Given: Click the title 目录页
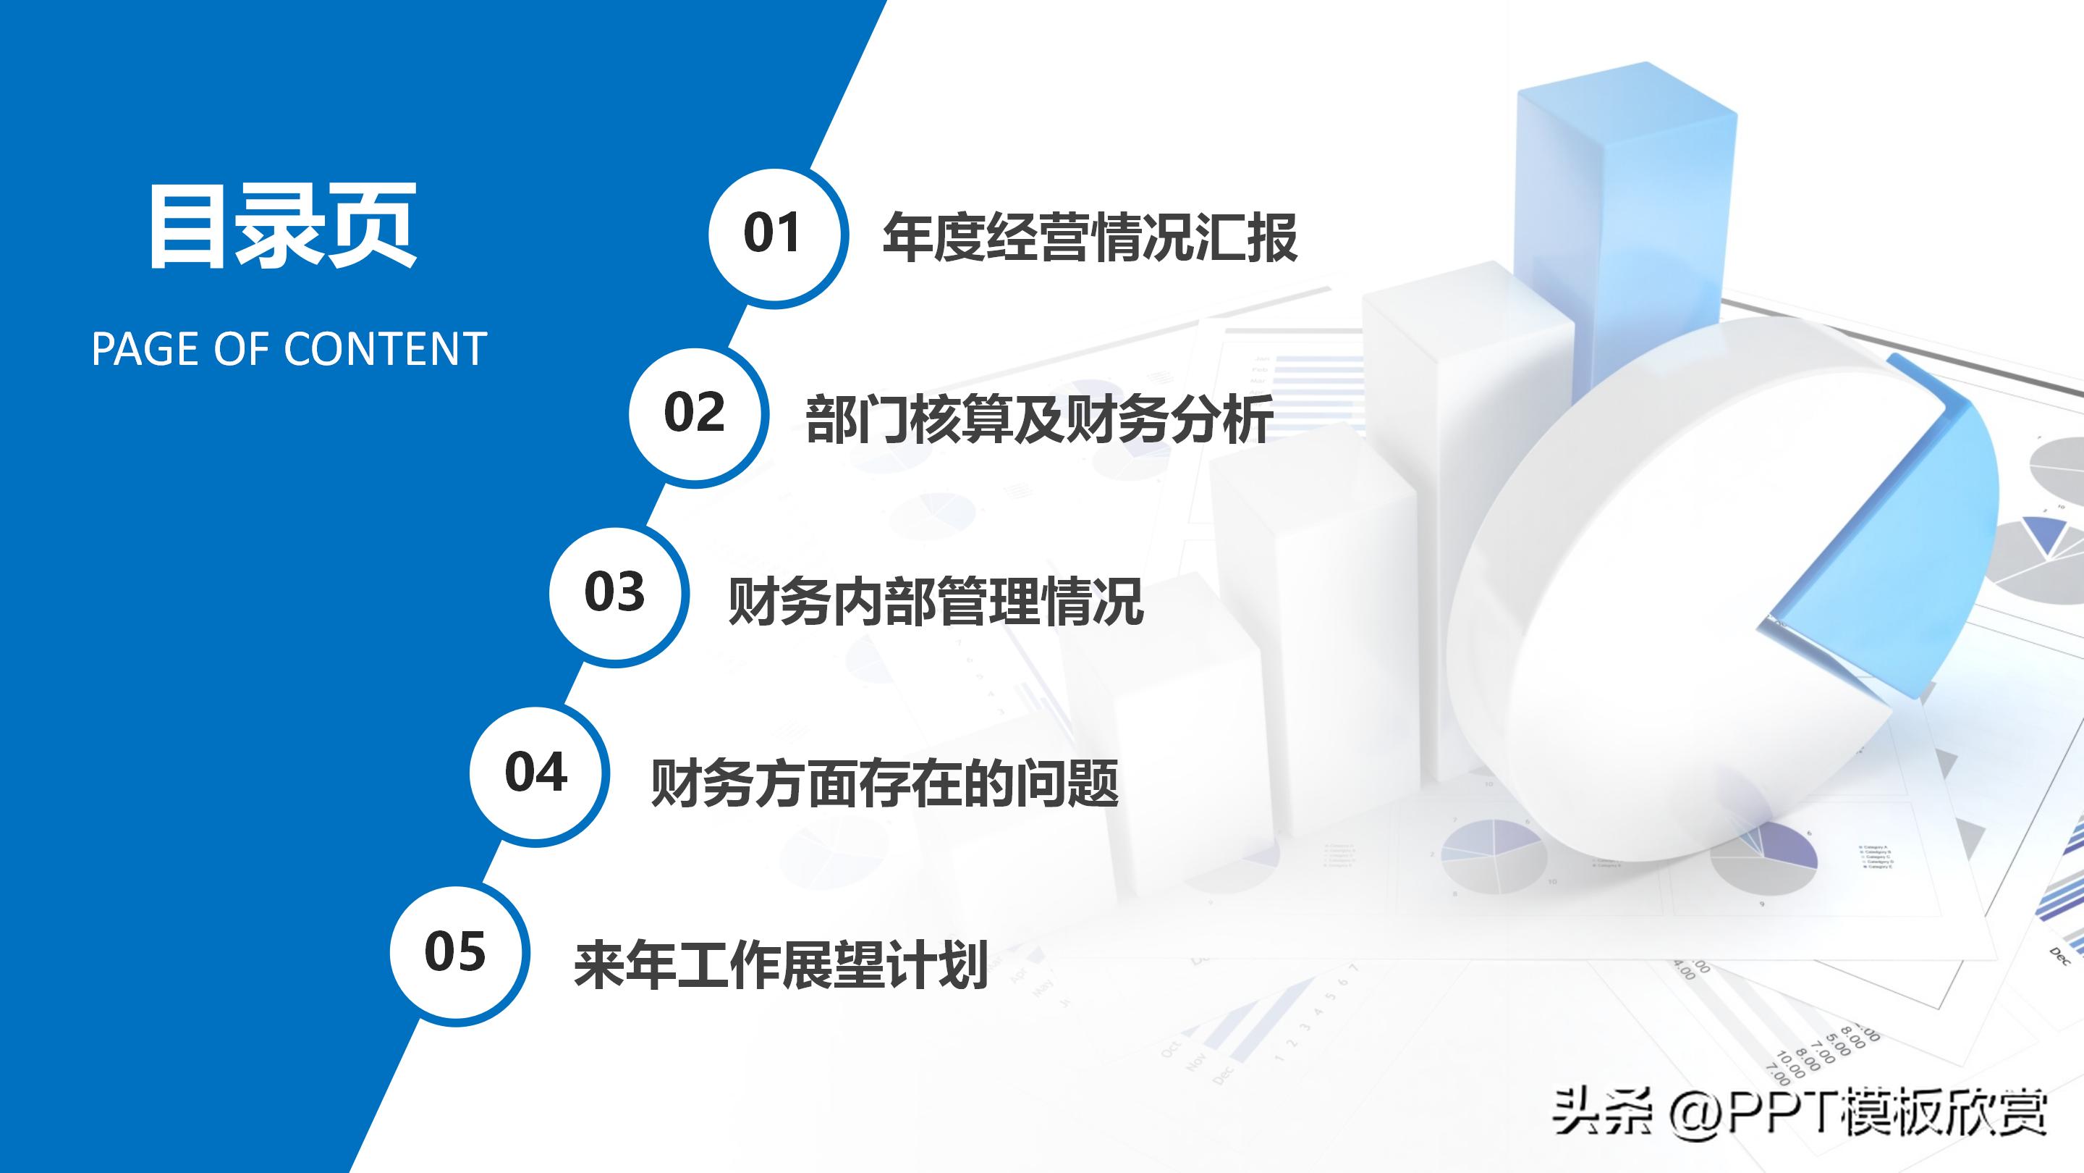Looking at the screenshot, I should [x=281, y=226].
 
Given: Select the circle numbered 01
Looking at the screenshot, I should [x=774, y=235].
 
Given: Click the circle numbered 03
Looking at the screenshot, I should [x=616, y=595].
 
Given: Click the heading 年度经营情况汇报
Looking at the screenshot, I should [x=1090, y=237].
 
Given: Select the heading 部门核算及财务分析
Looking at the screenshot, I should [x=1040, y=419].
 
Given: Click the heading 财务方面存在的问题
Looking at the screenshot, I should [x=884, y=783].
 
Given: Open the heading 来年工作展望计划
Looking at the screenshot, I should [x=781, y=965].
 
